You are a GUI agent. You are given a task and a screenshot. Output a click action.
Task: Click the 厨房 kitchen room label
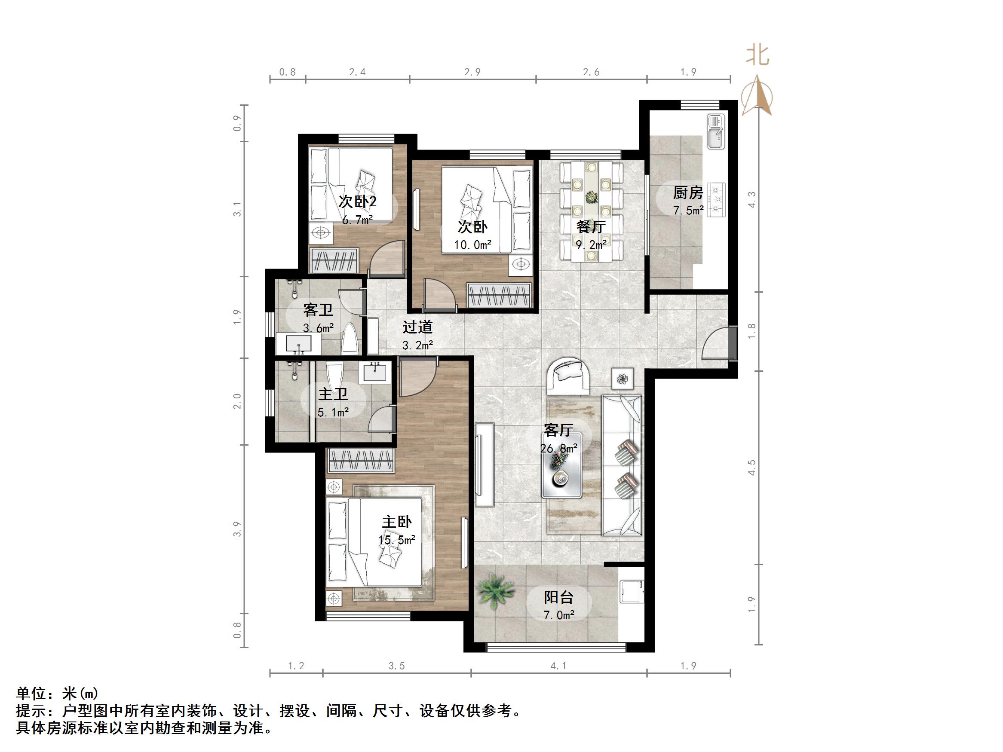point(688,193)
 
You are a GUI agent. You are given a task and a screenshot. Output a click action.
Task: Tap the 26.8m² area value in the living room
point(558,448)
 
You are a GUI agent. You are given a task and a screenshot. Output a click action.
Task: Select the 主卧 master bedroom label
point(397,522)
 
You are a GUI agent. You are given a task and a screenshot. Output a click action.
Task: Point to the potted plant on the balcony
point(496,590)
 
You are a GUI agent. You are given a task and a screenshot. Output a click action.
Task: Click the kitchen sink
point(716,131)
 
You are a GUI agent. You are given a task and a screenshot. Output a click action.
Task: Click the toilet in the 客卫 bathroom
point(350,339)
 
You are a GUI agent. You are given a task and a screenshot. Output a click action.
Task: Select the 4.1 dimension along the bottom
point(558,666)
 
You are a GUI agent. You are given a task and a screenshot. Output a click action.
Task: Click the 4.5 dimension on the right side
point(752,468)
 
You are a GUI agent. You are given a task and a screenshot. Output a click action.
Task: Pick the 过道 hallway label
point(417,327)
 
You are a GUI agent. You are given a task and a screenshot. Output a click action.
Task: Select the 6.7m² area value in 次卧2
point(357,220)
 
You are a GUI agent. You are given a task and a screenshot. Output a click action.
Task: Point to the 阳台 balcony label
point(558,597)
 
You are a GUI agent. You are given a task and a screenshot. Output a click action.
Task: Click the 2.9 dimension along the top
point(472,72)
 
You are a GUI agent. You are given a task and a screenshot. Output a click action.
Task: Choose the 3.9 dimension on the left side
point(237,529)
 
